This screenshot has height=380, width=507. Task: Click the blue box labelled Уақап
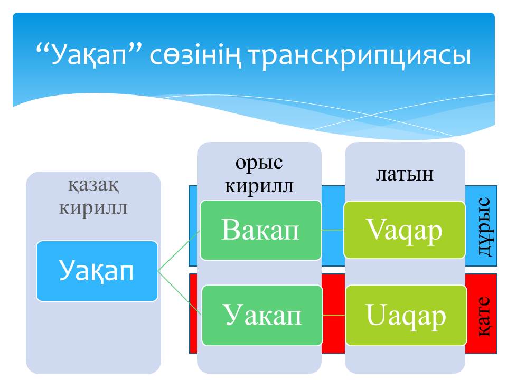[97, 271]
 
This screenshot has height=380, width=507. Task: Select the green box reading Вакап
[260, 230]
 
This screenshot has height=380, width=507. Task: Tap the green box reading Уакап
[262, 316]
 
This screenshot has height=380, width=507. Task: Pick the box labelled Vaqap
[405, 230]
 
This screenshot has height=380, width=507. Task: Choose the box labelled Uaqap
[406, 316]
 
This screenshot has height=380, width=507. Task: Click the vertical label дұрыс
[484, 226]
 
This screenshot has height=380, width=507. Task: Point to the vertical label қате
[484, 316]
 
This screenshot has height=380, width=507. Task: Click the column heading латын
[405, 175]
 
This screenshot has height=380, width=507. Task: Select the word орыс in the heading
[259, 163]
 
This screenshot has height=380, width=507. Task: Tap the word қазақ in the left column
[93, 185]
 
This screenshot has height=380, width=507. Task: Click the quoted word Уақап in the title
[89, 55]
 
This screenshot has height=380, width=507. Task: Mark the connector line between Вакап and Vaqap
[333, 230]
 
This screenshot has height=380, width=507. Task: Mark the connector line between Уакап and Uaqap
[334, 315]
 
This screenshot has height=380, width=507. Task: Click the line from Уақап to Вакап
[179, 251]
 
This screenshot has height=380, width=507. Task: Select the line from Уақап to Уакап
[180, 293]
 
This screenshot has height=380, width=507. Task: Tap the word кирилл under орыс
[259, 186]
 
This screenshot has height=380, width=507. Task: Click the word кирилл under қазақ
[93, 208]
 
